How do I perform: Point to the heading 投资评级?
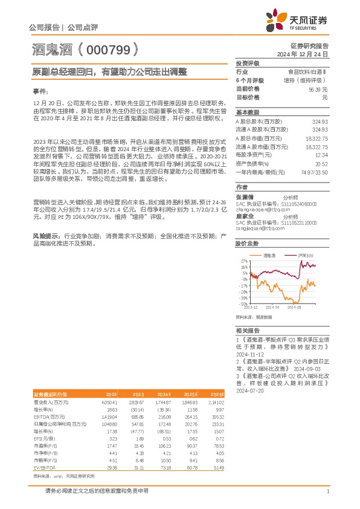[x=247, y=63]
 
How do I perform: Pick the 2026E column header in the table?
[x=217, y=394]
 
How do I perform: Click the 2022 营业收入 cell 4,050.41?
[x=109, y=401]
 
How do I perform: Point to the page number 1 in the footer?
[x=327, y=491]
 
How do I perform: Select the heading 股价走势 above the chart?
[x=247, y=242]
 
